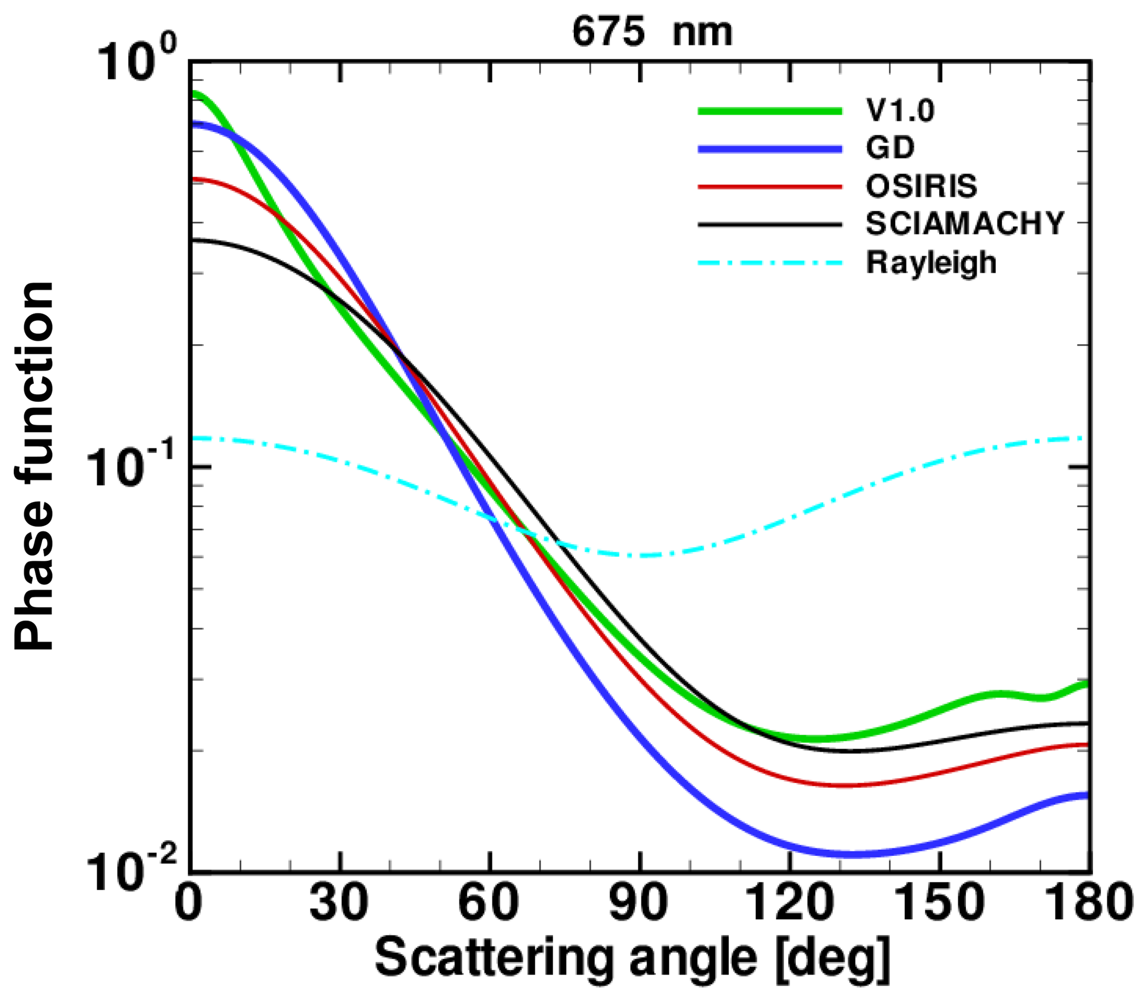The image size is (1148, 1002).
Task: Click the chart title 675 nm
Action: tap(651, 32)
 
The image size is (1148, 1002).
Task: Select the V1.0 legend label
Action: tap(900, 111)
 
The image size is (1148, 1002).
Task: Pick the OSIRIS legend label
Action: tap(921, 186)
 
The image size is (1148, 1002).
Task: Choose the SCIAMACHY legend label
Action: tap(965, 223)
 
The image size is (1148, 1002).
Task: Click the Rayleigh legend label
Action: tap(931, 263)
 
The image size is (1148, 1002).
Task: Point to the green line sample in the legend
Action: tap(770, 111)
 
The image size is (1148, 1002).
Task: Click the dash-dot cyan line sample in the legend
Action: tap(770, 262)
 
